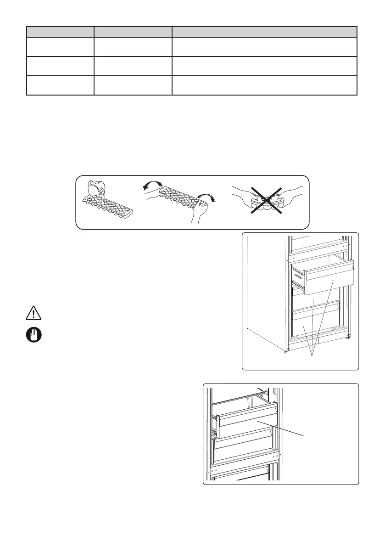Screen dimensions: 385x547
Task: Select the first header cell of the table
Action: (60, 32)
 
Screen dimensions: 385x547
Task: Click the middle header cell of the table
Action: (133, 32)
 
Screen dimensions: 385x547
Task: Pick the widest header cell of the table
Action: (264, 32)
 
